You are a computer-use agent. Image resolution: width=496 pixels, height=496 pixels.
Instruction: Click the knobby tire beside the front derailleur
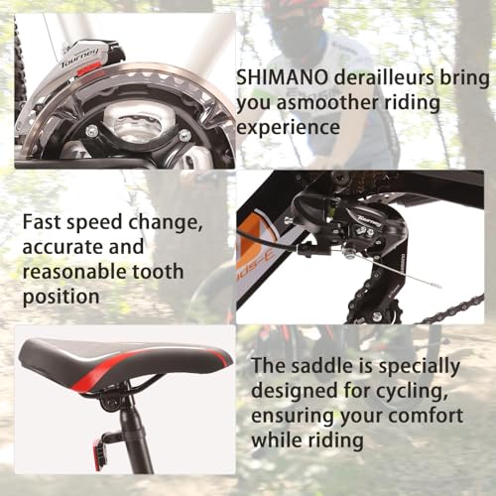(19, 60)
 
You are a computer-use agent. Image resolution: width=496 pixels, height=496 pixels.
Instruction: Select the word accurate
(58, 247)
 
